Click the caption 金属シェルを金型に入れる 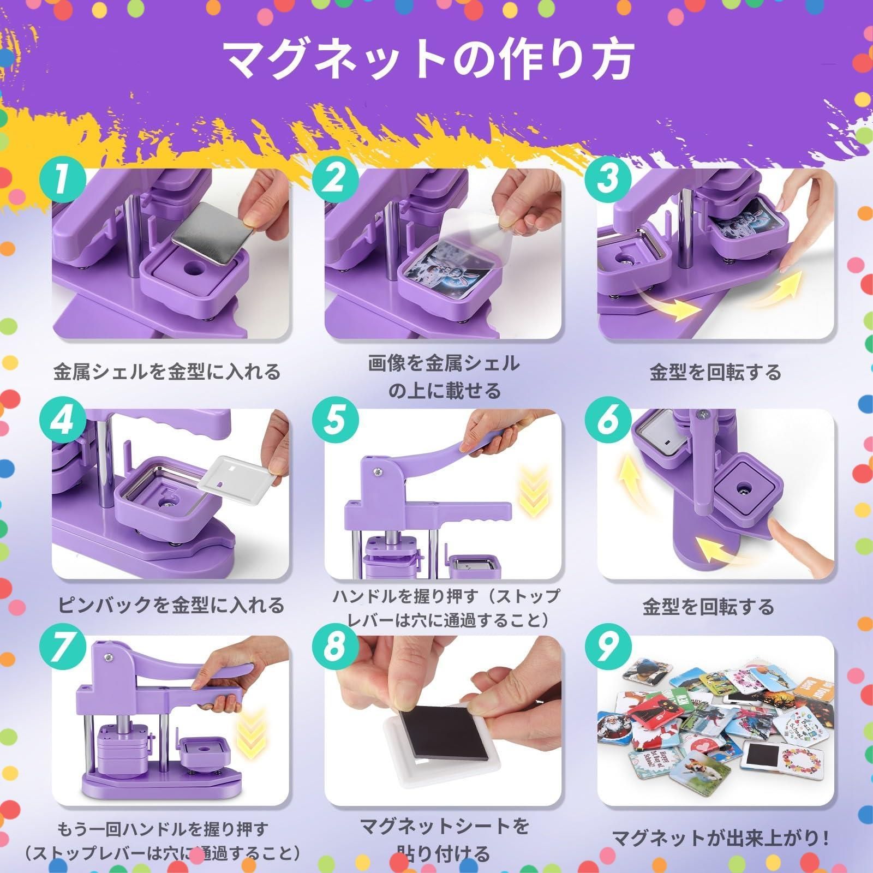(x=167, y=372)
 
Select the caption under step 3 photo (x=715, y=372)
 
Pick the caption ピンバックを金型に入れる (x=171, y=605)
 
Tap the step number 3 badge (x=607, y=180)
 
